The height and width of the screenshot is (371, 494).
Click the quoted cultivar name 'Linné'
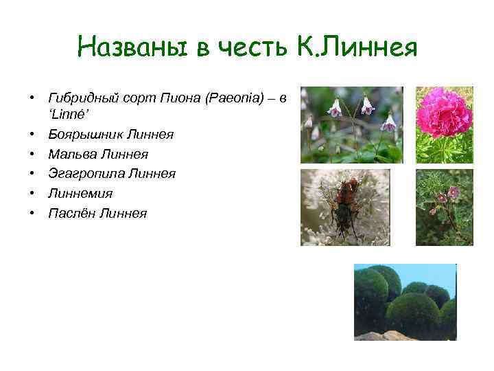point(65,115)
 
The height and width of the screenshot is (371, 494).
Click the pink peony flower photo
point(444,124)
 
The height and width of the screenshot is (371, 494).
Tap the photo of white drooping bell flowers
point(351,124)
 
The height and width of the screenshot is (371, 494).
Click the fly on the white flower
point(346,207)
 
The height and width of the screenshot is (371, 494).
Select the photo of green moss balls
point(405,302)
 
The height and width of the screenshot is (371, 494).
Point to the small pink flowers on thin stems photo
point(444,207)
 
